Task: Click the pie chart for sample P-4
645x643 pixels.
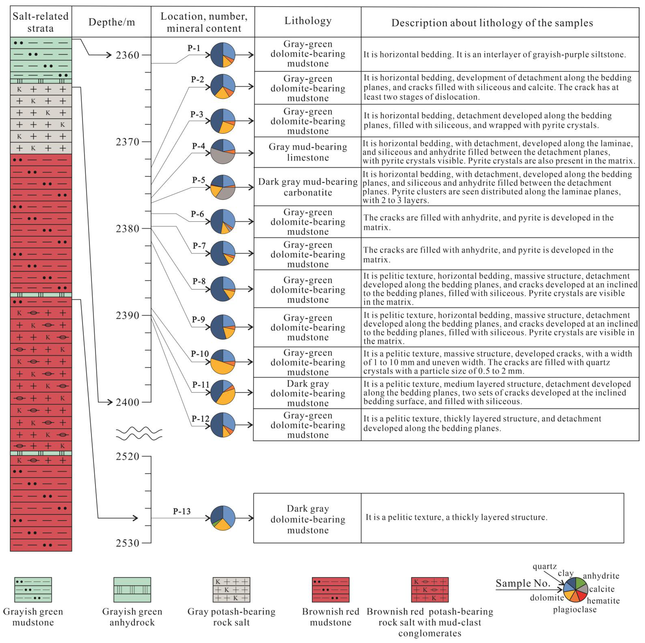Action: pyautogui.click(x=223, y=152)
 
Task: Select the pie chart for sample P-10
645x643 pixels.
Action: pyautogui.click(x=223, y=362)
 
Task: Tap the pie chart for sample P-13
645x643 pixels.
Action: pyautogui.click(x=223, y=518)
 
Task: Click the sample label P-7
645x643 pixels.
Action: pyautogui.click(x=199, y=246)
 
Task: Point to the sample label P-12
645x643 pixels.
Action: pyautogui.click(x=200, y=418)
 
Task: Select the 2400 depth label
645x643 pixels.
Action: pyautogui.click(x=127, y=402)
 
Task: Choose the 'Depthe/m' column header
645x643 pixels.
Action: pyautogui.click(x=112, y=22)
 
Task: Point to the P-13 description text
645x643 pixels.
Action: pyautogui.click(x=456, y=517)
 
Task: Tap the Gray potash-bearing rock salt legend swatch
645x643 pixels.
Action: pyautogui.click(x=231, y=590)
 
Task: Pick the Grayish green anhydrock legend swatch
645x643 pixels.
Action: pyautogui.click(x=132, y=590)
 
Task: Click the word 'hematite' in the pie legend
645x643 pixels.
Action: pyautogui.click(x=603, y=601)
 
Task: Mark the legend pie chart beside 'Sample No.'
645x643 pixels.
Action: pyautogui.click(x=575, y=590)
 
